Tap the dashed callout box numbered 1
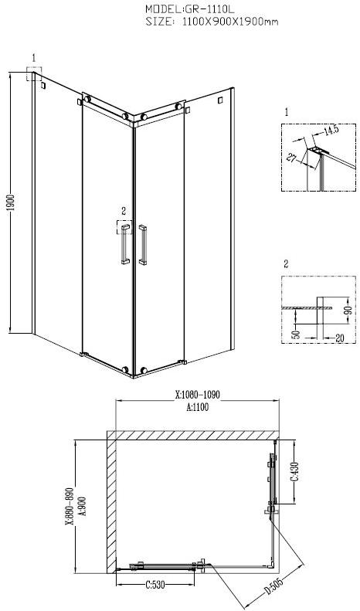(34, 73)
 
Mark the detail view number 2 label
(285, 263)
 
